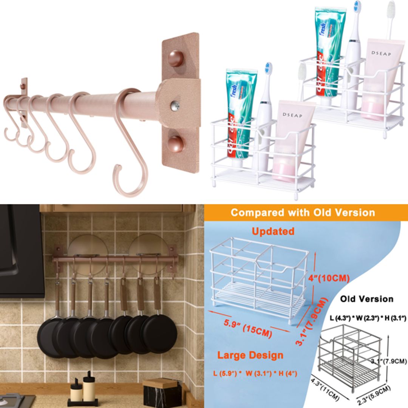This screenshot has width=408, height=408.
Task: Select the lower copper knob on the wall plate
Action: tap(175, 144)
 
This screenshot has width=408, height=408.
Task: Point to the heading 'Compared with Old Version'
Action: tap(303, 212)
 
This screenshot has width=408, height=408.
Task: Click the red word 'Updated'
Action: tap(273, 231)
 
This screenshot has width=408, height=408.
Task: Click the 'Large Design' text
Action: tap(250, 355)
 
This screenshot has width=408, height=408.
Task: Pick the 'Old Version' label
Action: tap(366, 299)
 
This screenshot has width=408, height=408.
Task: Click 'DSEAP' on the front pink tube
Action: tap(292, 115)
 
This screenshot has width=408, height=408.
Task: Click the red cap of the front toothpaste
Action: tap(236, 162)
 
